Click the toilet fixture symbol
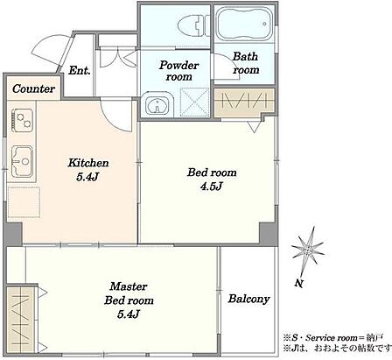(193, 25)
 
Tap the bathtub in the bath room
(244, 24)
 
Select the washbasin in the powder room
(157, 105)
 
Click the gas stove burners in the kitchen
(22, 120)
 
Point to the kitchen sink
(22, 161)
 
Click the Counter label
(33, 88)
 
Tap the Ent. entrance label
(79, 70)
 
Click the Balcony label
(248, 299)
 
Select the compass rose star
(308, 250)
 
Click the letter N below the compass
(298, 283)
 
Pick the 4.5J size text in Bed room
(212, 186)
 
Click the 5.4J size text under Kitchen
(87, 177)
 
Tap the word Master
(129, 286)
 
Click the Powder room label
(179, 71)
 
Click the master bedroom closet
(21, 320)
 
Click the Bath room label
(246, 63)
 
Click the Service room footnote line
(332, 338)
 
